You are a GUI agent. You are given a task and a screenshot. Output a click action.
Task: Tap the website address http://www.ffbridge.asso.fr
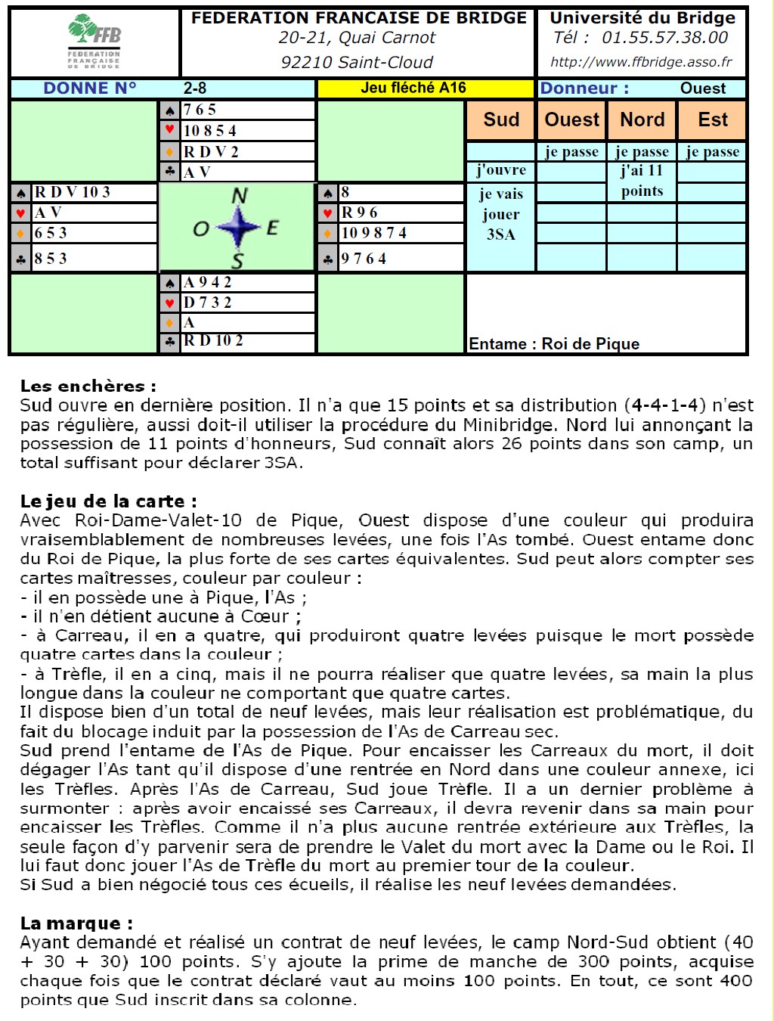point(641,62)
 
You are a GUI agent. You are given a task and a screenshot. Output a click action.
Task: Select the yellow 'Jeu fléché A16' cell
point(413,88)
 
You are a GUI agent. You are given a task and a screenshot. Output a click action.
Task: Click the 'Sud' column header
point(501,119)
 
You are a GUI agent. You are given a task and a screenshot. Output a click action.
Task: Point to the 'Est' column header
point(713,119)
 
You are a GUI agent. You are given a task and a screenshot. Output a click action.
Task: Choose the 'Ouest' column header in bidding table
point(571,119)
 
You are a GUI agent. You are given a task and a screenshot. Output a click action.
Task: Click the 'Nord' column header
point(642,119)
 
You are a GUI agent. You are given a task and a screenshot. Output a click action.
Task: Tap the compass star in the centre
point(238,227)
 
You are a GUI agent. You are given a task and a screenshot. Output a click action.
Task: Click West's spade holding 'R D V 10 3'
point(73,192)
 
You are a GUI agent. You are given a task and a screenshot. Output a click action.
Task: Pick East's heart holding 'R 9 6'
point(360,213)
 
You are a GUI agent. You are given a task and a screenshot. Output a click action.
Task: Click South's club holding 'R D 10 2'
point(213,340)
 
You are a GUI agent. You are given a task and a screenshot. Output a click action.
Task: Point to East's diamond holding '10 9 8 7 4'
point(374,233)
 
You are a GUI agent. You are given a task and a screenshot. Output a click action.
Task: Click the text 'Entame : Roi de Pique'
point(554,344)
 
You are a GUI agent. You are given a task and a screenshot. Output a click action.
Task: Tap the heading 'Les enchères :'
point(88,386)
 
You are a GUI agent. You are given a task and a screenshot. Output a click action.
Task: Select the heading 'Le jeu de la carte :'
point(109,501)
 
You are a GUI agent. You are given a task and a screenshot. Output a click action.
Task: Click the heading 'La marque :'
point(76,923)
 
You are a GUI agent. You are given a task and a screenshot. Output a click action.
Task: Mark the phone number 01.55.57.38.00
point(664,38)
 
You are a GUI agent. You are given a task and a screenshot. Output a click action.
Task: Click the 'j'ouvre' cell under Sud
point(501,170)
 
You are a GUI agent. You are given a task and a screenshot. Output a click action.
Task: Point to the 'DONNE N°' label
point(90,88)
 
